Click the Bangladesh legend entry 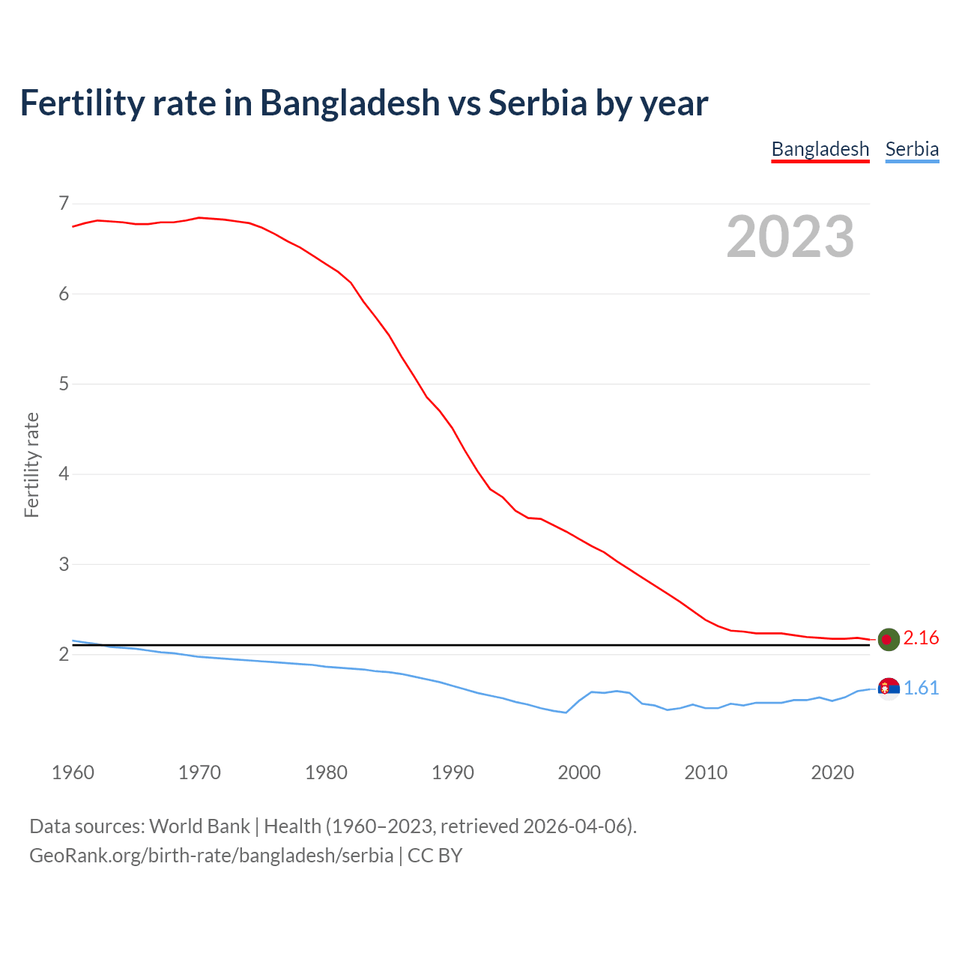[820, 149]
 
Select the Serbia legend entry [912, 149]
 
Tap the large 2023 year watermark [790, 237]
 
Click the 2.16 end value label [921, 638]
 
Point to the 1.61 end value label [921, 689]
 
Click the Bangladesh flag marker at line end [889, 639]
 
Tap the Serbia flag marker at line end [889, 689]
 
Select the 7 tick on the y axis [63, 204]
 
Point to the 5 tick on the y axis [63, 384]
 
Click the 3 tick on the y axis [63, 564]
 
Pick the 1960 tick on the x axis [73, 772]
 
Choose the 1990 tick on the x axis [453, 772]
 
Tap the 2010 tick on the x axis [706, 772]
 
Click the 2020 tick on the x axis [832, 772]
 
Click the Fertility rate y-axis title [31, 465]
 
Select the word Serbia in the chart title [537, 103]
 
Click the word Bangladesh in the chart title [350, 103]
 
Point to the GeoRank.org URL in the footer [211, 856]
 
